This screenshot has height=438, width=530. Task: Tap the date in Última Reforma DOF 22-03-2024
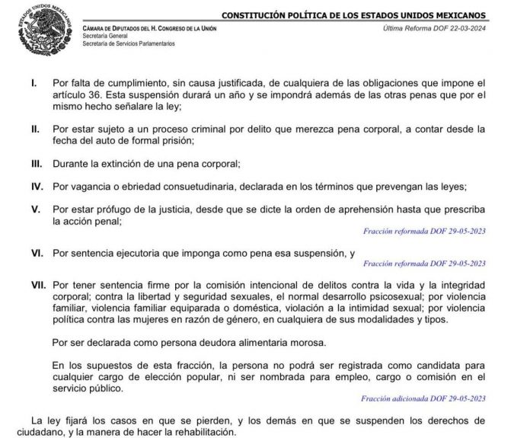[465, 28]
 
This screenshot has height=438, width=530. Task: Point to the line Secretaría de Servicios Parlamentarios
[129, 43]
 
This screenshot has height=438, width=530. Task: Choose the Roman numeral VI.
[36, 252]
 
